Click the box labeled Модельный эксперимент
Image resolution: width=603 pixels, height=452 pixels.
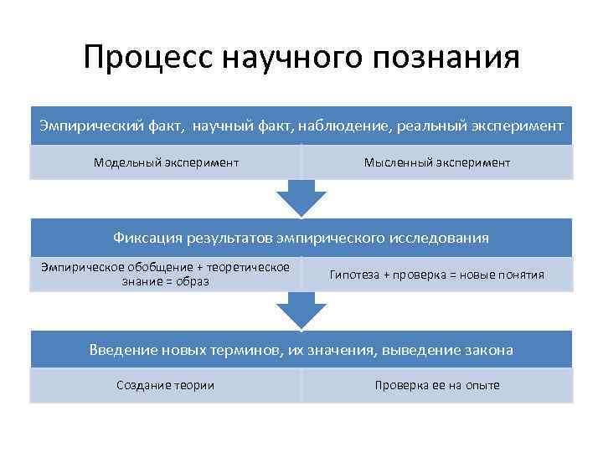[166, 162]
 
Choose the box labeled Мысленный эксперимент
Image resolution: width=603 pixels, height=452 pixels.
[436, 162]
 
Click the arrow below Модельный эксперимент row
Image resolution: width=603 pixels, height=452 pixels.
[301, 198]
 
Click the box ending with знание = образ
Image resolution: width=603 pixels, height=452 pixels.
[166, 274]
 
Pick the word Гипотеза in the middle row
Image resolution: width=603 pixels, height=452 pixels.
[354, 274]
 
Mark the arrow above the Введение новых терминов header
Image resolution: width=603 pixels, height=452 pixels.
[301, 311]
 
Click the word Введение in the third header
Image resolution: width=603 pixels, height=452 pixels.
[119, 350]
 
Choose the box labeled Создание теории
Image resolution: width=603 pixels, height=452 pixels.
[166, 385]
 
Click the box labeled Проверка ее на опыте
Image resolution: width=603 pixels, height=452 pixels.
[436, 385]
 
